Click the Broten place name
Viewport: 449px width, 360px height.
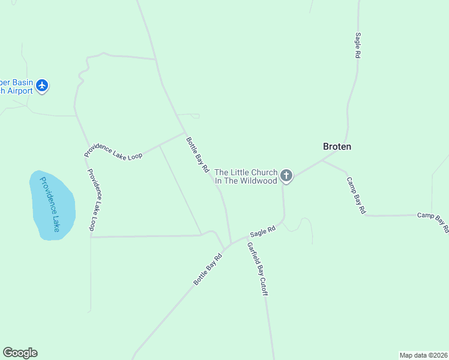[x=337, y=146]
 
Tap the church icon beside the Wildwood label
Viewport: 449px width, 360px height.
[x=286, y=176]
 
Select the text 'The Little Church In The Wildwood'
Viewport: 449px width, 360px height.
[x=246, y=176]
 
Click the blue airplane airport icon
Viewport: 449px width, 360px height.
[x=42, y=86]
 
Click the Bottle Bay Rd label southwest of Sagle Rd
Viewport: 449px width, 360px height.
[x=208, y=269]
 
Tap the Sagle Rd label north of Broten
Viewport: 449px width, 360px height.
[x=357, y=45]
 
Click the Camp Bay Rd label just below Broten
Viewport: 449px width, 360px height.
[x=356, y=196]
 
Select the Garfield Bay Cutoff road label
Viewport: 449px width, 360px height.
[x=258, y=269]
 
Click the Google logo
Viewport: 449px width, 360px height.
[x=20, y=353]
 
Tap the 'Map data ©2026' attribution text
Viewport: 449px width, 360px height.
[x=423, y=355]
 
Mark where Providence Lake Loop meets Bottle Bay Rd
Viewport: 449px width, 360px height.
[x=184, y=133]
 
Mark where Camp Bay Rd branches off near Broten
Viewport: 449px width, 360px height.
[x=322, y=160]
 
